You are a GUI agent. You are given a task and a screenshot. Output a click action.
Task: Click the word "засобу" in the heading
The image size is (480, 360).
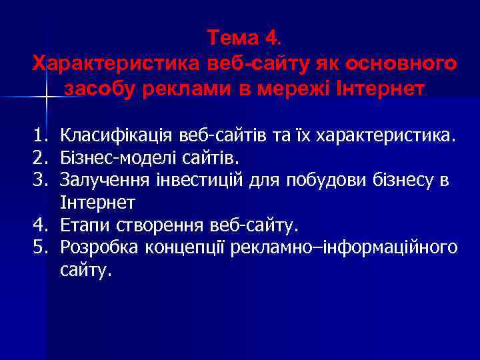pos(101,88)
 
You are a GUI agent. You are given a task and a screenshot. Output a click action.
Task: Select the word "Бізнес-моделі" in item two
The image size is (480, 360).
pos(116,159)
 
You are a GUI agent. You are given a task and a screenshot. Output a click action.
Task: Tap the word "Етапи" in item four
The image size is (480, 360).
pos(81,226)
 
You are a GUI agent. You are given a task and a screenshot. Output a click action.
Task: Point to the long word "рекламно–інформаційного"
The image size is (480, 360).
pos(343,248)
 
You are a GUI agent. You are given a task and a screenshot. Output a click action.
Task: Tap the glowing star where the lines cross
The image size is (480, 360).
pos(46,98)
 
